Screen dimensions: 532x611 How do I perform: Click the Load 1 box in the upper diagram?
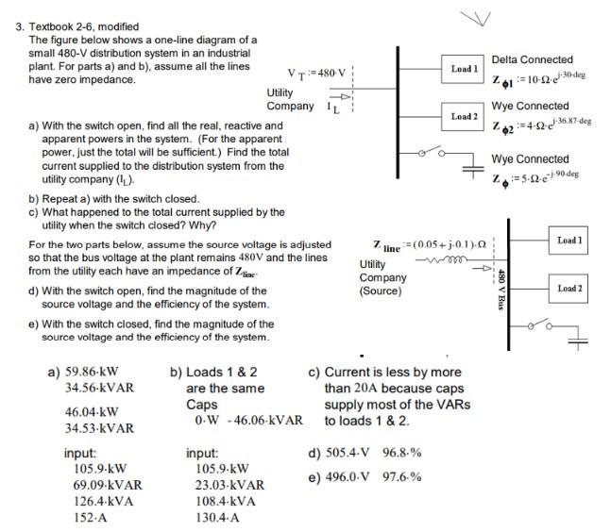[464, 69]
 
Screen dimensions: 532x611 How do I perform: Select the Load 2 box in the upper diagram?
[464, 116]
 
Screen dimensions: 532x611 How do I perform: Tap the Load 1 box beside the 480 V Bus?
[570, 241]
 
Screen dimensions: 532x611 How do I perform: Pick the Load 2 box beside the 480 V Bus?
[570, 288]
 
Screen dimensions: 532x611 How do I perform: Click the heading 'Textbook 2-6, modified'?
[86, 27]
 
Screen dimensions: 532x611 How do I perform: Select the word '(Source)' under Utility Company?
[382, 291]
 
